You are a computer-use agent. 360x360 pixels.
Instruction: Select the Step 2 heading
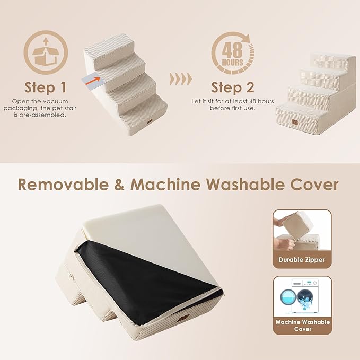(233, 87)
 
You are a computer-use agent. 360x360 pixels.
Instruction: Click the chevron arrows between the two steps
(180, 80)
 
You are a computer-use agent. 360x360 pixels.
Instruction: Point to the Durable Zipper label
(302, 260)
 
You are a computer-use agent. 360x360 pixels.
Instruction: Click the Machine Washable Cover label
(302, 326)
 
